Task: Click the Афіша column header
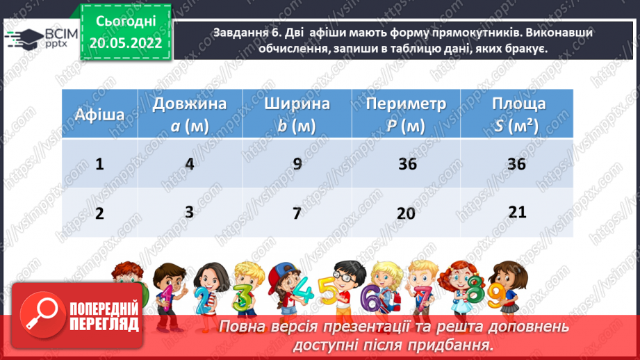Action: point(99,115)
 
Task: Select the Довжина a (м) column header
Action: point(190,115)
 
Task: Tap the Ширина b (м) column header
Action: point(297,115)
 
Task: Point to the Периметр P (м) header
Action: point(406,115)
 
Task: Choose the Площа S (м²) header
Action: point(518,115)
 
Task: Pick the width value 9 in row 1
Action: point(297,165)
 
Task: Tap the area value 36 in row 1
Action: point(517,165)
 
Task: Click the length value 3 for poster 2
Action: point(189,211)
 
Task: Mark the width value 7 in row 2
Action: point(297,213)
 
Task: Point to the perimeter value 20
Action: point(406,213)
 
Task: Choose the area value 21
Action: point(517,211)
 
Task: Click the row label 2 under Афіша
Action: point(99,213)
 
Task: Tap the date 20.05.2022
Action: point(125,42)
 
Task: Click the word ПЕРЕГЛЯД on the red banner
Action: point(104,325)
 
